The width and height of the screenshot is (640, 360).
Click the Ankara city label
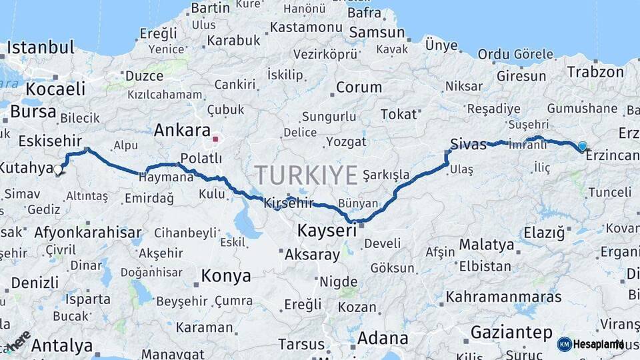point(182,130)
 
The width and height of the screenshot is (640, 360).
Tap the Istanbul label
point(40,48)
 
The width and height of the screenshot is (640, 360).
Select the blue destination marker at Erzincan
point(583,147)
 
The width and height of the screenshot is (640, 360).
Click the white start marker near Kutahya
point(58,171)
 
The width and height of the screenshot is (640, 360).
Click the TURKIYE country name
point(306,175)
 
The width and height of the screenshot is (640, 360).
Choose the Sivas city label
point(468,144)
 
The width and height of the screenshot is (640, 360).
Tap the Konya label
point(226,276)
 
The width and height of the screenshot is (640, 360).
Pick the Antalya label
point(62,346)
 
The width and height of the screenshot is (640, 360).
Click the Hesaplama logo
point(591,344)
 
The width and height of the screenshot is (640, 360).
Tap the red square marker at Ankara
point(215,139)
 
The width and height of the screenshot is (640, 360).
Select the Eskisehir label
point(50,141)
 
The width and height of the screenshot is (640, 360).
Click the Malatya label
point(487,245)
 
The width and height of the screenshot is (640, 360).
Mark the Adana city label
point(382,338)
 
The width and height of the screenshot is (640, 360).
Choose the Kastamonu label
point(306,28)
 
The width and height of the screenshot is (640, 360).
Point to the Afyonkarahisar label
point(87,233)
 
